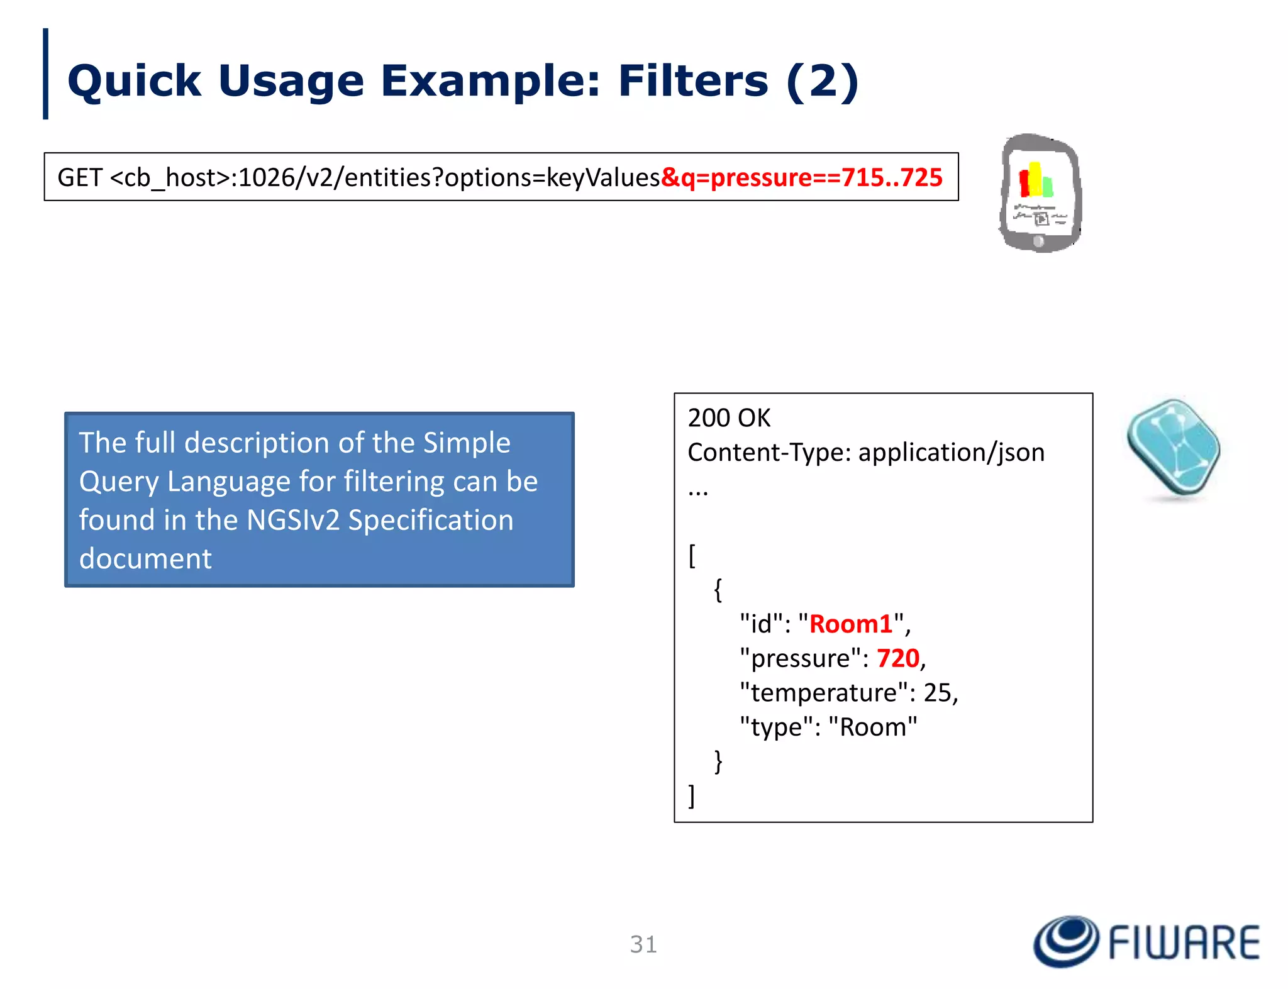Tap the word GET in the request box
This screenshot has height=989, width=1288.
point(79,177)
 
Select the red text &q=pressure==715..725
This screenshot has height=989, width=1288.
point(802,177)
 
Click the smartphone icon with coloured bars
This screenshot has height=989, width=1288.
point(1040,193)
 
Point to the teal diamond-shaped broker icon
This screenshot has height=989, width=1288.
point(1174,449)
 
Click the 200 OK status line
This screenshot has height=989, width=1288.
point(729,418)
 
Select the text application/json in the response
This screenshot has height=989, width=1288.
point(951,453)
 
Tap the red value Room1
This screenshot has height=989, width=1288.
point(850,624)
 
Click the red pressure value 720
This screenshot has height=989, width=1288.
point(898,658)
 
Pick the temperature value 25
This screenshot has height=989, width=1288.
point(939,693)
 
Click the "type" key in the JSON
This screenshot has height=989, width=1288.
point(776,727)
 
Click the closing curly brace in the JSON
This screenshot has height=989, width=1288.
point(718,761)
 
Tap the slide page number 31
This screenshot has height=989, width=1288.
point(643,944)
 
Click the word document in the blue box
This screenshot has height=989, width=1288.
point(145,558)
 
